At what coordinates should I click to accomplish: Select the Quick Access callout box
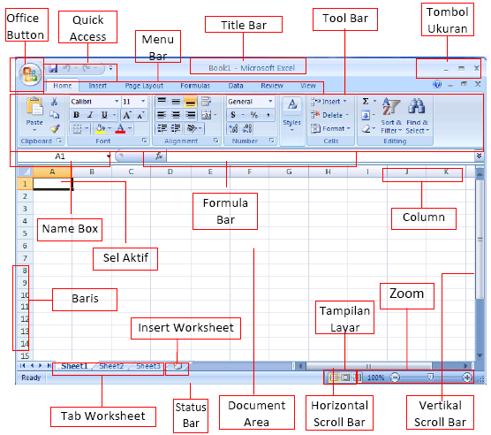click(88, 27)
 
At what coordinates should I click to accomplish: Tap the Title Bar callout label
click(244, 26)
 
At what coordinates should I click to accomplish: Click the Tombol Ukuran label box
click(448, 19)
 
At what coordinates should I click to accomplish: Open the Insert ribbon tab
click(98, 86)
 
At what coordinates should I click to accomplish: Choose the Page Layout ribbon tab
click(143, 86)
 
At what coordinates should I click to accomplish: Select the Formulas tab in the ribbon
click(195, 86)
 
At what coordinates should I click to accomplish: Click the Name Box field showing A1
click(62, 156)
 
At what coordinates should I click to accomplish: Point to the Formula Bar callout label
click(225, 211)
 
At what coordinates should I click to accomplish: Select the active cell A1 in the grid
click(52, 185)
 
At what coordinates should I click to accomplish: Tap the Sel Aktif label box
click(125, 258)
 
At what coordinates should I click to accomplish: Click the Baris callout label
click(84, 300)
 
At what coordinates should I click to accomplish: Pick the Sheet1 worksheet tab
click(74, 365)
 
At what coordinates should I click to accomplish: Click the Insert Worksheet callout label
click(185, 328)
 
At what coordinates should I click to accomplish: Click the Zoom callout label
click(406, 294)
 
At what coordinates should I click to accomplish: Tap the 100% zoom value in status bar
click(375, 378)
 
